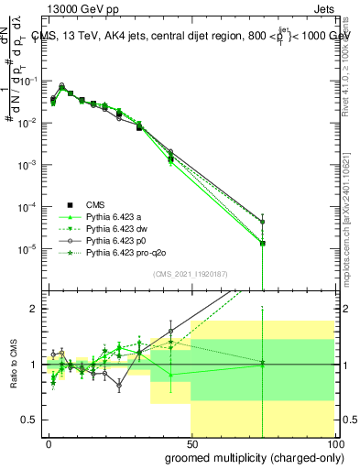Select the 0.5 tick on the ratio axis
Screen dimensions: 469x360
pos(29,420)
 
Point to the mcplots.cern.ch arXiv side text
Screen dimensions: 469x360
pos(352,220)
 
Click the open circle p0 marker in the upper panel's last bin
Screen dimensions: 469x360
pos(262,222)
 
